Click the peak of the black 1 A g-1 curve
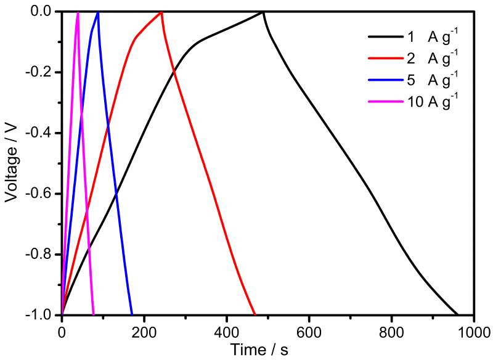pyautogui.click(x=263, y=12)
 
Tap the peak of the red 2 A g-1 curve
pyautogui.click(x=161, y=12)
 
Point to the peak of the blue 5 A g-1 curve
pyautogui.click(x=98, y=12)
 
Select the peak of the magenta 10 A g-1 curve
pyautogui.click(x=78, y=12)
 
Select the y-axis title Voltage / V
pyautogui.click(x=10, y=163)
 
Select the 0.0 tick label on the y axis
pyautogui.click(x=43, y=12)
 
